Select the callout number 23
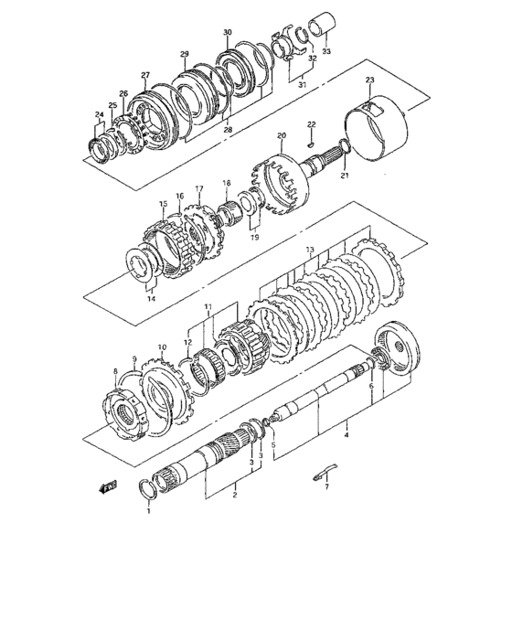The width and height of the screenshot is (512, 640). point(369,81)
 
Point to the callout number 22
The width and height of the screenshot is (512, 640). point(310,123)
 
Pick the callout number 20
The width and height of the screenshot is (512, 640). point(282,136)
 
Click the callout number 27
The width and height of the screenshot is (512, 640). point(144,75)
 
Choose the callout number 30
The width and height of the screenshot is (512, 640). point(227,32)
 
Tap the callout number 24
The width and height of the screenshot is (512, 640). point(100,114)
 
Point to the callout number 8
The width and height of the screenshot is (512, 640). point(115,370)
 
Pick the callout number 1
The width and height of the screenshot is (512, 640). point(149,510)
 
